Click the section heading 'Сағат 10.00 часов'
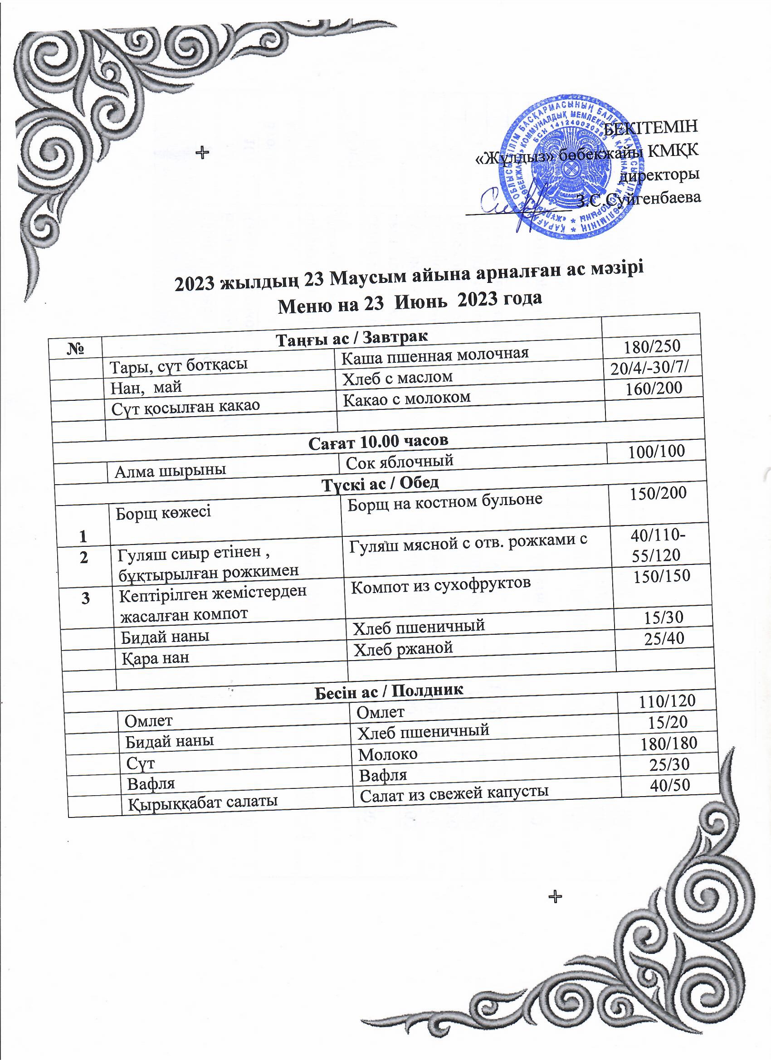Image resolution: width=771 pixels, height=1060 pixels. click(379, 440)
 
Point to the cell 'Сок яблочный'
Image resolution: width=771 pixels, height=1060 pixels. click(400, 461)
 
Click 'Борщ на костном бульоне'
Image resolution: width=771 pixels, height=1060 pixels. click(445, 501)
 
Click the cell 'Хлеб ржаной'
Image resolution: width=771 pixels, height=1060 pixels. click(403, 648)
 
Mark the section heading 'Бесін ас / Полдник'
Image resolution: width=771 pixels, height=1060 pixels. click(388, 691)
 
